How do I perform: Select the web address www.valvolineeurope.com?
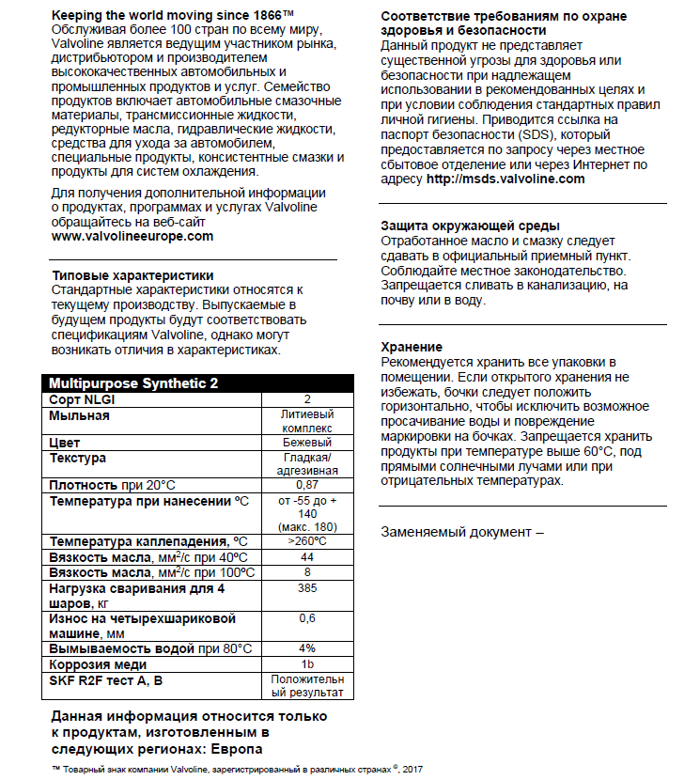tap(132, 236)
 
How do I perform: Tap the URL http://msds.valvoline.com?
tap(506, 179)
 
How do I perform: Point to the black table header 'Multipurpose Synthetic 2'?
tap(133, 383)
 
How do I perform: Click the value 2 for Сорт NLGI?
tap(307, 399)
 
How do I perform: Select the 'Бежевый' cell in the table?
tap(307, 442)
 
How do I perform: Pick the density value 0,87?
tap(307, 484)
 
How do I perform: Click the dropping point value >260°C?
tap(307, 541)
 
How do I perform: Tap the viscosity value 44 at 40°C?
tap(307, 556)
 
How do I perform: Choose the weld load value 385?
tap(307, 588)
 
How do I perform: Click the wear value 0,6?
tap(307, 618)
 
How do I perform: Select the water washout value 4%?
tap(307, 648)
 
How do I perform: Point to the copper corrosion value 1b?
tap(307, 664)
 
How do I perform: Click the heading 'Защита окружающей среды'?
tap(470, 226)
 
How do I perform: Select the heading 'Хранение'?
tap(411, 346)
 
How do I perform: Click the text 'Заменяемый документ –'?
tap(462, 531)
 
